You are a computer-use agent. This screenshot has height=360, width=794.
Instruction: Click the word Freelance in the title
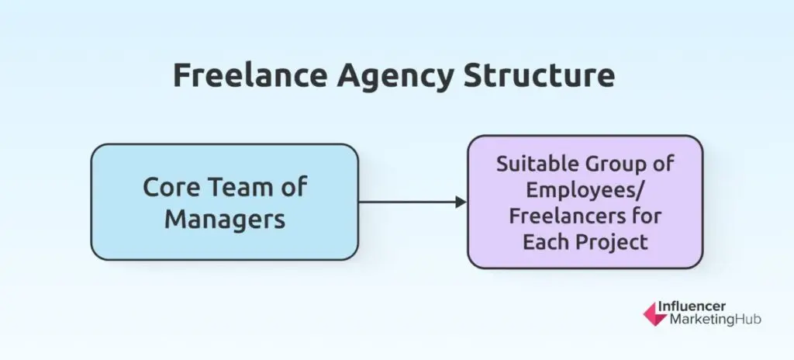pos(250,76)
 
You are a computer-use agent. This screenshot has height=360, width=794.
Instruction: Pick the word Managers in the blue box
pos(225,220)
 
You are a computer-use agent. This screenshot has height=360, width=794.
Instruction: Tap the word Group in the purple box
pos(616,165)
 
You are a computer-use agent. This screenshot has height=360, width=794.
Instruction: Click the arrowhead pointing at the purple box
pos(461,202)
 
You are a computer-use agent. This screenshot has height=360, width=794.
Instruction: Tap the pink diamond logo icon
pos(654,314)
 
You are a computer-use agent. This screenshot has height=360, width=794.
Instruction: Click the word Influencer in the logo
pos(691,306)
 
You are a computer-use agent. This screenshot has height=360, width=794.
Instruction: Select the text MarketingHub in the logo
pos(715,320)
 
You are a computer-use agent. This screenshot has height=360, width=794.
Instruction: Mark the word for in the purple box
pos(651,216)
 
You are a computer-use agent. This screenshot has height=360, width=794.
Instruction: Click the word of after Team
pos(294,187)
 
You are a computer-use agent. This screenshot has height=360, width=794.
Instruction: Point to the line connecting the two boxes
pos(407,202)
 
